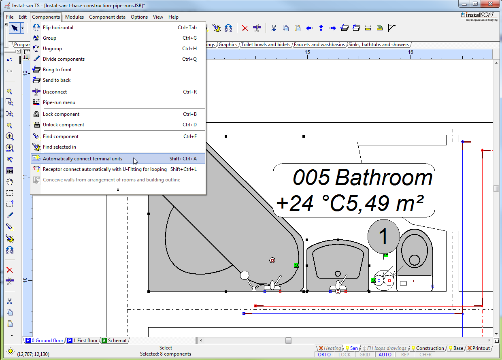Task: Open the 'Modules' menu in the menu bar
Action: click(74, 17)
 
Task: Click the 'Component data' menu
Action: click(107, 17)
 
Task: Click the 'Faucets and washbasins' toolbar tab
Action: click(319, 45)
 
